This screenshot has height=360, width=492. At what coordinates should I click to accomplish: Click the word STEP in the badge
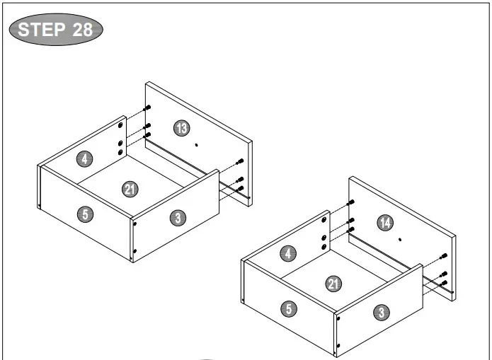click(x=40, y=30)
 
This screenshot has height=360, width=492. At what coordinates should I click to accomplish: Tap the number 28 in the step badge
click(x=82, y=30)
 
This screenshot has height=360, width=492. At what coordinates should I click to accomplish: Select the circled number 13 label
click(x=182, y=128)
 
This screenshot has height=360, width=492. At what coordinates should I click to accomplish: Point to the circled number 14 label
click(x=385, y=223)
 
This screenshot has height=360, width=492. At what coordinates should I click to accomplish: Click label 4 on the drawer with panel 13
click(x=85, y=158)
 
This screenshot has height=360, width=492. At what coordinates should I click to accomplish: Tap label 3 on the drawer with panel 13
click(x=178, y=218)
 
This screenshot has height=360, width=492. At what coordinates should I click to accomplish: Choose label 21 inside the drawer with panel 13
click(x=130, y=189)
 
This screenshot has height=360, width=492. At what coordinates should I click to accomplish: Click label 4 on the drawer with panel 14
click(x=289, y=253)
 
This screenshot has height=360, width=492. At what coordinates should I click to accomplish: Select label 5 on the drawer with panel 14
click(x=289, y=308)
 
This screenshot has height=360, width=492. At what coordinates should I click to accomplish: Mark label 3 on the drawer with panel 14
click(x=382, y=311)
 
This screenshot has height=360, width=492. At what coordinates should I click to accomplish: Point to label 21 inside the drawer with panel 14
click(x=333, y=284)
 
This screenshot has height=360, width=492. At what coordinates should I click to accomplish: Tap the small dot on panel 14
click(x=400, y=240)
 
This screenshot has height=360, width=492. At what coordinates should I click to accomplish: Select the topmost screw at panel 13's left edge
click(x=148, y=108)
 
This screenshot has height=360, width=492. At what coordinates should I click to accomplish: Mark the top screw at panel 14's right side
click(x=445, y=255)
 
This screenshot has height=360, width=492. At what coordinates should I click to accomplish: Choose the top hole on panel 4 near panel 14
click(x=324, y=221)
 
